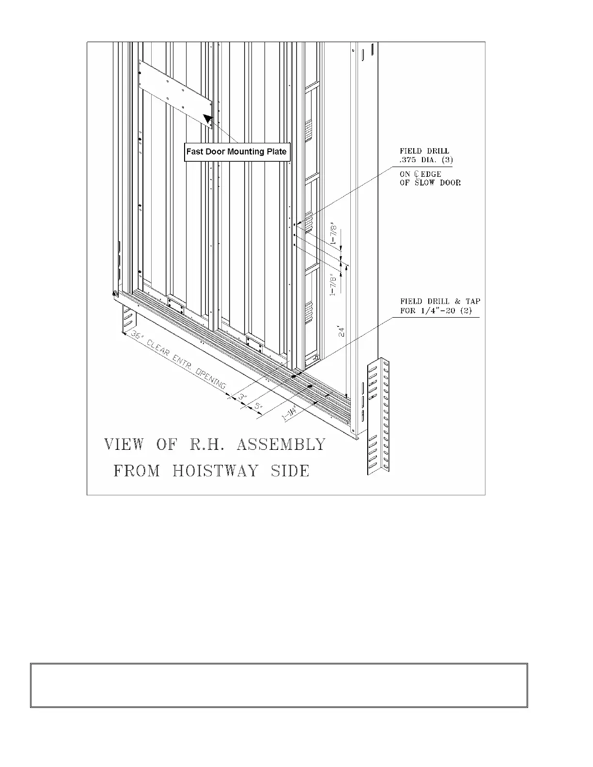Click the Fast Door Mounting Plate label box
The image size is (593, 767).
[237, 152]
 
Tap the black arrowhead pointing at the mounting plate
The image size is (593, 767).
[208, 119]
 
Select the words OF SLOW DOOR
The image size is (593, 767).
[430, 183]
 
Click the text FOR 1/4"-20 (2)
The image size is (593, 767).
[436, 310]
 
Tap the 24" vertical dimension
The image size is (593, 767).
[342, 332]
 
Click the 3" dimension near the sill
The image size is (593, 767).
[242, 397]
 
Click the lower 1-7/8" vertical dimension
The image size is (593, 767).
[334, 285]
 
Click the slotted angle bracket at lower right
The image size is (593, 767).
[378, 416]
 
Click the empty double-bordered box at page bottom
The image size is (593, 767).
[279, 685]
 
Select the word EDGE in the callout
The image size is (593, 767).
[431, 174]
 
